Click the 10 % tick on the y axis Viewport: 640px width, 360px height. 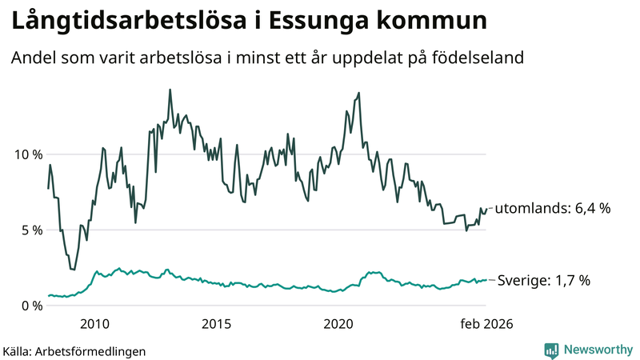pyautogui.click(x=27, y=154)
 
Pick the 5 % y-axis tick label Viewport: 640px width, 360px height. pyautogui.click(x=30, y=230)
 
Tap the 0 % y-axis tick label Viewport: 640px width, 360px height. pyautogui.click(x=30, y=306)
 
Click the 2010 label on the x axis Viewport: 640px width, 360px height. pyautogui.click(x=94, y=324)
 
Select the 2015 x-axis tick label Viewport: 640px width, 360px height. pyautogui.click(x=216, y=324)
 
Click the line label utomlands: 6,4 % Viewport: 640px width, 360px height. pyautogui.click(x=553, y=209)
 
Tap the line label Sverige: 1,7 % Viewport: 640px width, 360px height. pyautogui.click(x=544, y=281)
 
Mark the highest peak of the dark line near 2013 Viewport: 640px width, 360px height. pyautogui.click(x=170, y=90)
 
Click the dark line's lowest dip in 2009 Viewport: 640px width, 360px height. pyautogui.click(x=74, y=270)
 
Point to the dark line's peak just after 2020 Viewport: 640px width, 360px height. pyautogui.click(x=358, y=93)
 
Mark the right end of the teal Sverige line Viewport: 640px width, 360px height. pyautogui.click(x=486, y=280)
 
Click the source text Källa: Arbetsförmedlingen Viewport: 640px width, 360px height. pyautogui.click(x=74, y=350)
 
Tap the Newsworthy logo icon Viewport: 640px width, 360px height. pyautogui.click(x=551, y=350)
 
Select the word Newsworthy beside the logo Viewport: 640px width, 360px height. pyautogui.click(x=597, y=350)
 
